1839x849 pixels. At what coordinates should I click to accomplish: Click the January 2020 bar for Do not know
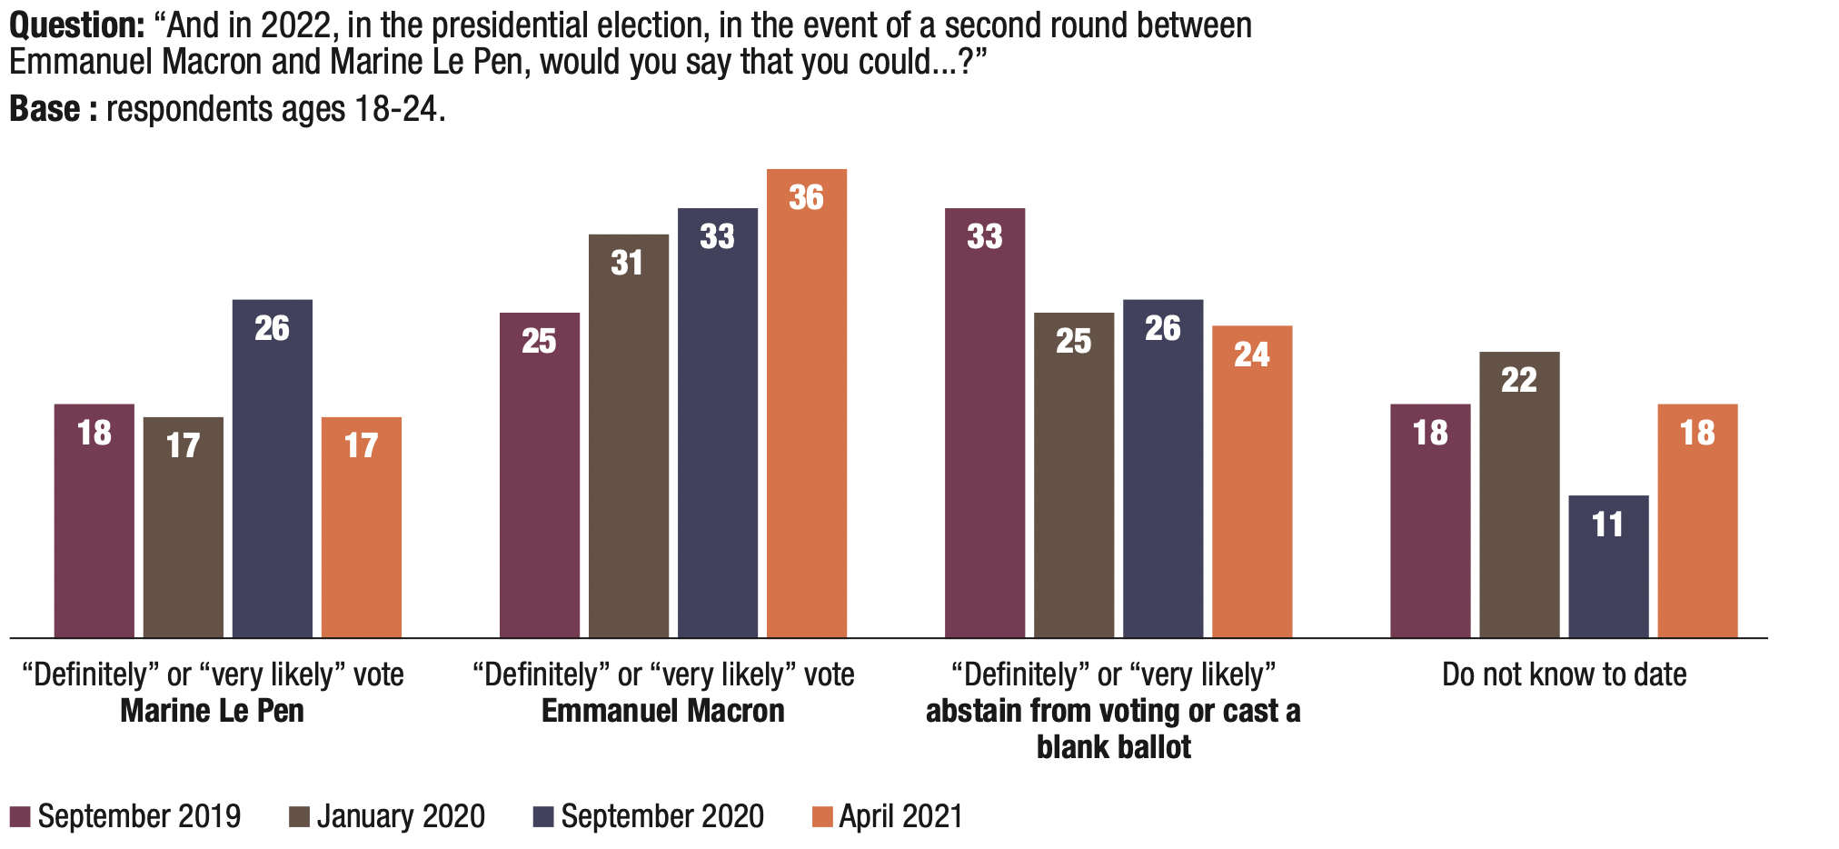click(x=1518, y=494)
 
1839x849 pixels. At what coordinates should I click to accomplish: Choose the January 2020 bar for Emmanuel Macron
click(x=628, y=435)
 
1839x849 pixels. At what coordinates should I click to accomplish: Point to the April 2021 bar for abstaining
click(x=1251, y=481)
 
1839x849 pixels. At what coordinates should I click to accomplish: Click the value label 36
click(x=806, y=197)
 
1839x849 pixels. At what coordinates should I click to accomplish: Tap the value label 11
click(x=1607, y=524)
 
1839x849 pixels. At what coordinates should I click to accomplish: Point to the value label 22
click(x=1518, y=380)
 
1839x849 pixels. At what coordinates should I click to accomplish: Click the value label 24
click(x=1251, y=355)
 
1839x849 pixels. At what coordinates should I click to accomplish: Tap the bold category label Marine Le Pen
click(x=212, y=711)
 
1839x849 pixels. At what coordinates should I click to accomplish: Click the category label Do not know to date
click(x=1564, y=674)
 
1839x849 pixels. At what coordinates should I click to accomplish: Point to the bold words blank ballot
click(x=1113, y=747)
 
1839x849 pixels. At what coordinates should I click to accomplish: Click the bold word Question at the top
click(x=76, y=25)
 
